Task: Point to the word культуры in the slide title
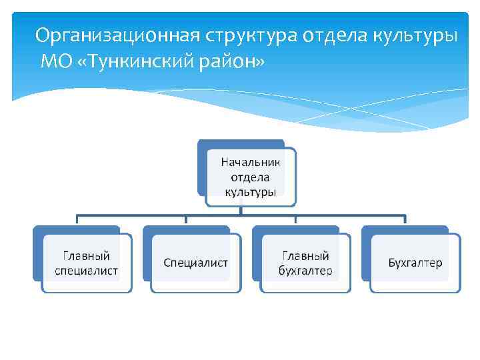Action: click(417, 35)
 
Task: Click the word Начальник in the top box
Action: click(251, 162)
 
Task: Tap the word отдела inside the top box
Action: click(250, 177)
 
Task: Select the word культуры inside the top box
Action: click(250, 192)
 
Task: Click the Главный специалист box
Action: click(87, 263)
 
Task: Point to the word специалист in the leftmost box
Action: click(87, 270)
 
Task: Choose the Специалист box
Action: click(195, 263)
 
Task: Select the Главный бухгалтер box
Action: click(305, 263)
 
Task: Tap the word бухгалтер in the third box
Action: click(305, 270)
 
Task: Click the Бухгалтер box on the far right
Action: click(415, 263)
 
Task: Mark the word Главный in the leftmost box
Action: click(87, 255)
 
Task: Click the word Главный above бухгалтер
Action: click(305, 255)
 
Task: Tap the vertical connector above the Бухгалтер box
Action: click(405, 221)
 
